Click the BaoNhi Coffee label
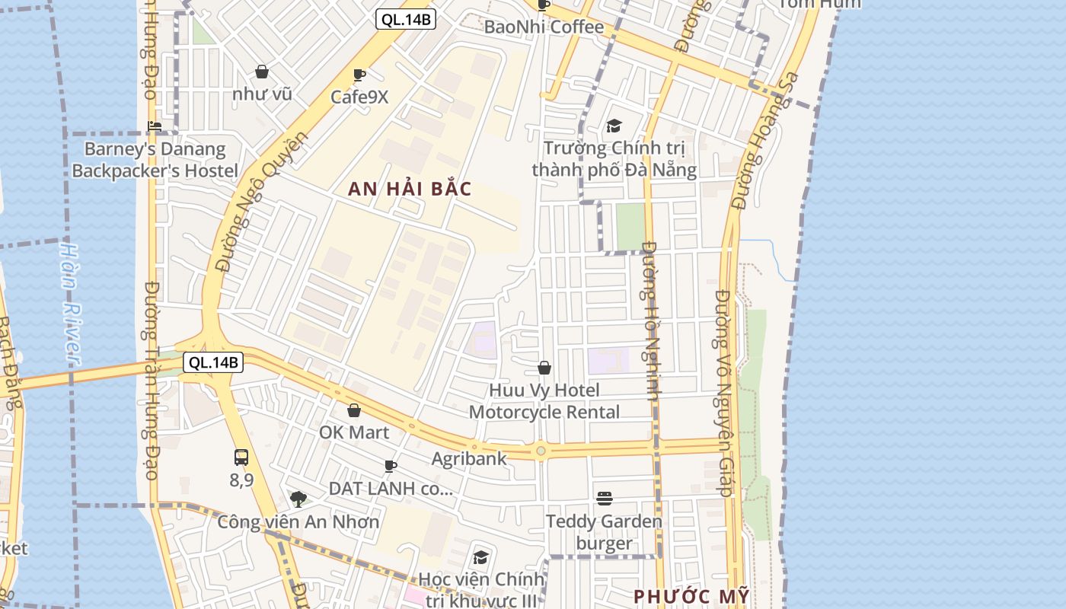544,27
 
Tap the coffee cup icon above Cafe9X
359,75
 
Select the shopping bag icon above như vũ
262,72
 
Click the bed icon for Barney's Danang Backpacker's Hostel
155,126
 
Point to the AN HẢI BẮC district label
410,189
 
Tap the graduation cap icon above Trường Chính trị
614,126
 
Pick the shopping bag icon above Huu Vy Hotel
544,368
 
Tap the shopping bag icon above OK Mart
354,411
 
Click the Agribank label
469,458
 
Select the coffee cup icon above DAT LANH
391,466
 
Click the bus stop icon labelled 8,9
241,458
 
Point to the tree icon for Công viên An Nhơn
298,499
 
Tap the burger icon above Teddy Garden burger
605,499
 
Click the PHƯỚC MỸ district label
691,596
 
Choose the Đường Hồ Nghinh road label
649,320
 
